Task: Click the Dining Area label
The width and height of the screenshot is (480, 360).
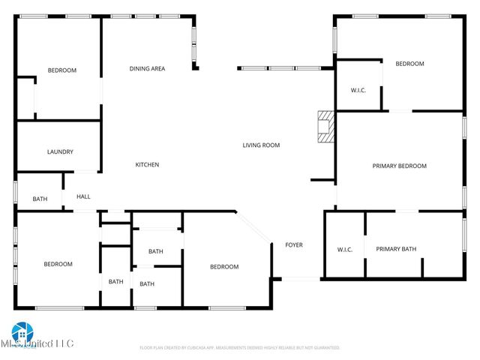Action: tap(147, 69)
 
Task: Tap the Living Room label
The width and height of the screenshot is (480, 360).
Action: tap(261, 145)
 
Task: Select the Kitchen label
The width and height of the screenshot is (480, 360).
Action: tap(147, 165)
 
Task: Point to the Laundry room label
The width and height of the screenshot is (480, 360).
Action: tap(60, 152)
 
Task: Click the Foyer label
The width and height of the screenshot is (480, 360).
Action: tap(294, 245)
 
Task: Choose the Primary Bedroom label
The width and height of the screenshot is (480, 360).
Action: tap(399, 166)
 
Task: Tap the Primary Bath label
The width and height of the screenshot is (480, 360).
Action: tap(396, 250)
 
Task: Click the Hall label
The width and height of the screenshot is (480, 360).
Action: tap(83, 197)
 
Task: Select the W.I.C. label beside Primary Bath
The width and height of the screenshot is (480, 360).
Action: tap(345, 250)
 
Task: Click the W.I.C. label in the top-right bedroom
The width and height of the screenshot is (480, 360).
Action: tap(358, 91)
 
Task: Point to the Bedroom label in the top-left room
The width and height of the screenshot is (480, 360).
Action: tap(62, 70)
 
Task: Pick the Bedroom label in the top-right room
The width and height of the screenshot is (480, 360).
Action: tap(409, 64)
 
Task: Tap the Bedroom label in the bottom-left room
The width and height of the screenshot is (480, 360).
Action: tap(58, 264)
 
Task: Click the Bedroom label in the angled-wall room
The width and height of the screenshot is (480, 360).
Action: tap(224, 267)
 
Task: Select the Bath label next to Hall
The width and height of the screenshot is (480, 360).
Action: tap(39, 199)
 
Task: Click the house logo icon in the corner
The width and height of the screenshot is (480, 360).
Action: tap(22, 331)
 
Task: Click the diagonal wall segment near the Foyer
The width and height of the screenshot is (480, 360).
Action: tap(253, 228)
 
